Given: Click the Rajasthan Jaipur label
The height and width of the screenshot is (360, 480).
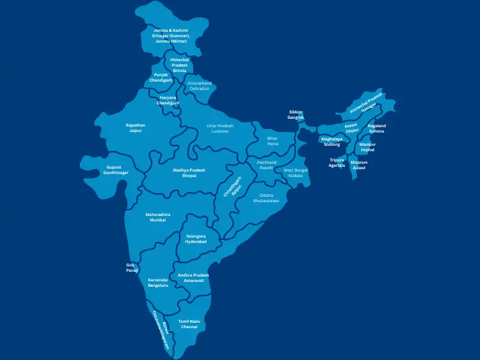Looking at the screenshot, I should click(136, 128).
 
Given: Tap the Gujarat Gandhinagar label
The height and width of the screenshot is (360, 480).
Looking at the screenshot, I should click(116, 170).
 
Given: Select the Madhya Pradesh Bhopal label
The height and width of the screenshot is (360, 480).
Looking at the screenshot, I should click(189, 173).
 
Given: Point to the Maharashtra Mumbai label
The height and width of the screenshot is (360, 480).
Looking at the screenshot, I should click(158, 217).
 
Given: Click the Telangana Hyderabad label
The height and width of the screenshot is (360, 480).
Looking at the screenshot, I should click(196, 239).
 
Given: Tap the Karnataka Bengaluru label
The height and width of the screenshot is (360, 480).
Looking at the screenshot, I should click(158, 283).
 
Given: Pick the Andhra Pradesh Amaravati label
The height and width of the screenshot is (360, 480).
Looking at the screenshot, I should click(193, 278).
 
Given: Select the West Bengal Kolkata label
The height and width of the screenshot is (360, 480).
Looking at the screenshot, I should click(296, 173).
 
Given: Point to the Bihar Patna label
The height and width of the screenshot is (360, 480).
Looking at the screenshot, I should click(273, 141).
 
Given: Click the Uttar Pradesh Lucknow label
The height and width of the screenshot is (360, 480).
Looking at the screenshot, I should click(220, 128).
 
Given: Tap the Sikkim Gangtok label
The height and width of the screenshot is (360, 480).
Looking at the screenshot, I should click(296, 115).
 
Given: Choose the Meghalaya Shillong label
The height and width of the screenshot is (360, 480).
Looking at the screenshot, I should click(332, 142).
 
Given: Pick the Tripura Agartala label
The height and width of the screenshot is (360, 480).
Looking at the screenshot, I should click(337, 163).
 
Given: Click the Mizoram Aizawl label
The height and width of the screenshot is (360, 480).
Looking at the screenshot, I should click(359, 165).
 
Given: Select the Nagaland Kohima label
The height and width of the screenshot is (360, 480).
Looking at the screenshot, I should click(377, 128).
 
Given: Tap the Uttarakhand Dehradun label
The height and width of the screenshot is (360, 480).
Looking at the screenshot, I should click(199, 86).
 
